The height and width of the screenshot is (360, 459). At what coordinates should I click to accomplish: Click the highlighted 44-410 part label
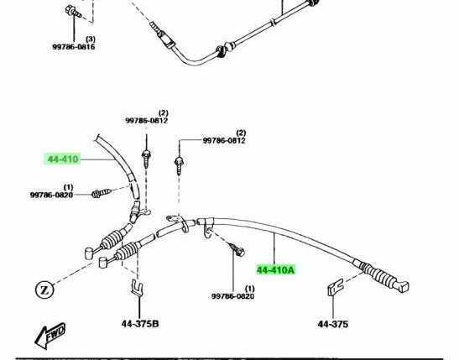[x=62, y=159]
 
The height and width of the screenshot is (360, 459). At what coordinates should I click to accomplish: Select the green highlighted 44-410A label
[x=275, y=269]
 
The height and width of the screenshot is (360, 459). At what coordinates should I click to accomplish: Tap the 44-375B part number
[x=140, y=324]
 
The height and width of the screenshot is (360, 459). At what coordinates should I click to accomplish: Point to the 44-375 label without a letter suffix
[x=333, y=324]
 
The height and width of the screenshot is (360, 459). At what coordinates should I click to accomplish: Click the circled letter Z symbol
[x=44, y=290]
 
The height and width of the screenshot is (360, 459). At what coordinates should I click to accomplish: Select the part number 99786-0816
[x=74, y=47]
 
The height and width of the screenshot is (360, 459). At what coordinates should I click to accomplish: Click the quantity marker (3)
[x=91, y=39]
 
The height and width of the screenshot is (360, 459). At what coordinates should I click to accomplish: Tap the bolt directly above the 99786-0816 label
[x=73, y=12]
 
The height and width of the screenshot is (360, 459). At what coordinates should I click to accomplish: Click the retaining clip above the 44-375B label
[x=137, y=288]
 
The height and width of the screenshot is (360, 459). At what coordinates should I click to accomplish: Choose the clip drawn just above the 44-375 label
[x=335, y=288]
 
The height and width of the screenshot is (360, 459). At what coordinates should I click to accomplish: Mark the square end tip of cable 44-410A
[x=404, y=286]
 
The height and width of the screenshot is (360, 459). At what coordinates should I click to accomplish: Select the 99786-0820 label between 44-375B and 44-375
[x=233, y=296]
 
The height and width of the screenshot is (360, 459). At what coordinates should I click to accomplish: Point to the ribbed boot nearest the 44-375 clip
[x=377, y=274]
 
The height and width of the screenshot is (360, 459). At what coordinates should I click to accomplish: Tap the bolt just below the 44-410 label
[x=102, y=193]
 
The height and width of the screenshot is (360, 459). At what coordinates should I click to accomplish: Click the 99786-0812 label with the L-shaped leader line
[x=224, y=140]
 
